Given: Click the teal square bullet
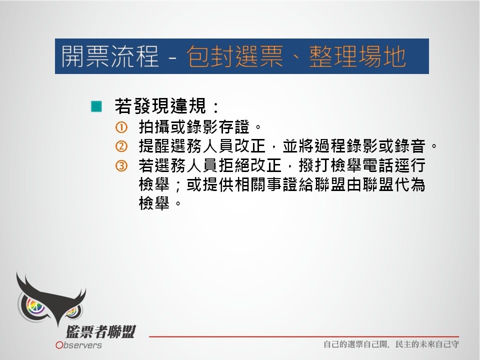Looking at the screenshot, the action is click(96, 106).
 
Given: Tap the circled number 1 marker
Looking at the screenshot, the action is click(121, 127).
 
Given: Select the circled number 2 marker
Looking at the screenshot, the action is click(121, 146).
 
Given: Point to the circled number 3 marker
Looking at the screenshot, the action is click(121, 165).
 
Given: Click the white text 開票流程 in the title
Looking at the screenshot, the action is click(110, 56).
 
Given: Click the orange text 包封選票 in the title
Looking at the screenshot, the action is click(235, 56).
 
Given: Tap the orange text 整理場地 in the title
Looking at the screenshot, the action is click(357, 56).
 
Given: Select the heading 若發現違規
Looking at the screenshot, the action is click(160, 106).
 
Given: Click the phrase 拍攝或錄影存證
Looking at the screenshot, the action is click(194, 127).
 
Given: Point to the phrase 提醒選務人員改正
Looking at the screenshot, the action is click(202, 146).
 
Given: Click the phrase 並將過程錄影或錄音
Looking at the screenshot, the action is click(354, 146).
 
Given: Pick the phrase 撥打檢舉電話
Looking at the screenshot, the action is click(345, 165).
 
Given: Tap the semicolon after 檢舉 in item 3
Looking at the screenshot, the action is click(178, 186).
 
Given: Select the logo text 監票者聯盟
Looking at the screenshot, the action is click(100, 332).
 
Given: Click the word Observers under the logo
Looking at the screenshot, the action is click(78, 345).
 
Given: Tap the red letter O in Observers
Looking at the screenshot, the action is click(59, 345).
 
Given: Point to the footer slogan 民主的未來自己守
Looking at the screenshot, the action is click(427, 344).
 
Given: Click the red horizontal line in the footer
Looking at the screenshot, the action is click(304, 336).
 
